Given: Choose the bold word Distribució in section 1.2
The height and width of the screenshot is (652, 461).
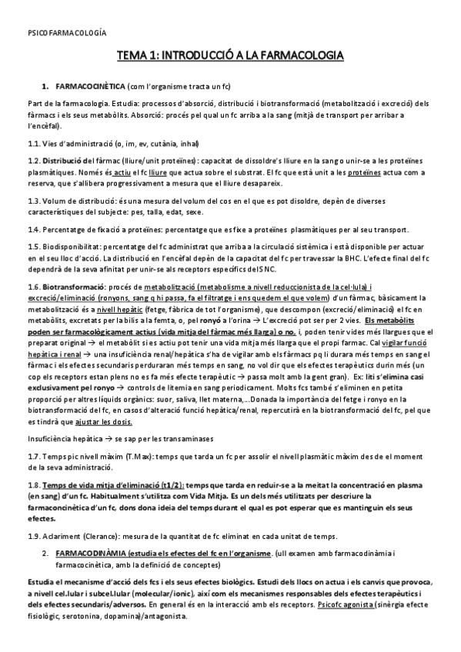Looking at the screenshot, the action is (68, 160).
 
